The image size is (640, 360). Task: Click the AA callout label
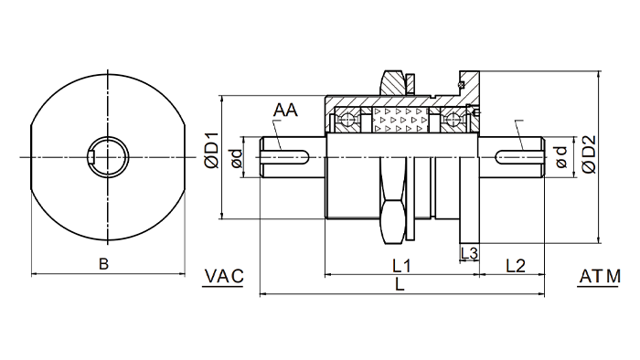[x=285, y=110]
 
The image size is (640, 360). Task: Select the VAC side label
[x=224, y=277]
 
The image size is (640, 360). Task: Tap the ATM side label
[x=600, y=277]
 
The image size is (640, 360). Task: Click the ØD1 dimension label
[x=212, y=151]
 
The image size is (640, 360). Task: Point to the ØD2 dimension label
[x=590, y=154]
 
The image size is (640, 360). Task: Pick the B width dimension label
[x=103, y=264]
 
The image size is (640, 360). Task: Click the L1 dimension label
[x=401, y=266]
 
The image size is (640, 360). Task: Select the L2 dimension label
[x=516, y=266]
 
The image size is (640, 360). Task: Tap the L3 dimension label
[x=469, y=253]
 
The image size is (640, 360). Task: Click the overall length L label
[x=400, y=284]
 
